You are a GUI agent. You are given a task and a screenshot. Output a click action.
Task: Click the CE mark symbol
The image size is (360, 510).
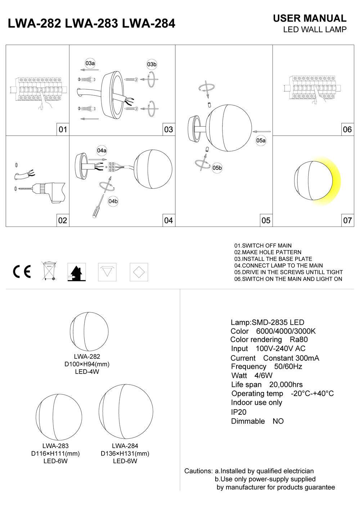(x=22, y=272)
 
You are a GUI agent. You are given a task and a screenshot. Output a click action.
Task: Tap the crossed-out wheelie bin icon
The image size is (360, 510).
(x=49, y=271)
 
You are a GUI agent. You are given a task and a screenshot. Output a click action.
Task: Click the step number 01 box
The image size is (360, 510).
(x=63, y=129)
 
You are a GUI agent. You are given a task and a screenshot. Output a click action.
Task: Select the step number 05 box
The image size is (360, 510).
(x=266, y=220)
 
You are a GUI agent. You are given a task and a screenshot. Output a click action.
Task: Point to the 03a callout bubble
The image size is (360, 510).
(x=90, y=63)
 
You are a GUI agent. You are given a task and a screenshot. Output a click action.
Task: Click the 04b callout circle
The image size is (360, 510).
(x=113, y=201)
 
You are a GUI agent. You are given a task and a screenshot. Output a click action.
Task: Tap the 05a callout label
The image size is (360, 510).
(x=261, y=140)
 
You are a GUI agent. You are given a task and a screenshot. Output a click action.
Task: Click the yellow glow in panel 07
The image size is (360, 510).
(x=333, y=182)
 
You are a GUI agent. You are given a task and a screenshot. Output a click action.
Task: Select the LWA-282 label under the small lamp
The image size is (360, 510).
(x=87, y=357)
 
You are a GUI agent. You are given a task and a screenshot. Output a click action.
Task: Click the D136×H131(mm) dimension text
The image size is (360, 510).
(x=125, y=453)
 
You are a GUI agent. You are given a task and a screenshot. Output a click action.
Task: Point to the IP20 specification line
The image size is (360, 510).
(x=239, y=412)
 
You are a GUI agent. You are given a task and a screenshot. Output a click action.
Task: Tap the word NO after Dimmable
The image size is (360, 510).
(x=278, y=421)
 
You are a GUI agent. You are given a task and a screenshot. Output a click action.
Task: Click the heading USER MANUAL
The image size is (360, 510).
(x=310, y=18)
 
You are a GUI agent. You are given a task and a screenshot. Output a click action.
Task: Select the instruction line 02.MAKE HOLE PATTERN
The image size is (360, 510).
(x=267, y=252)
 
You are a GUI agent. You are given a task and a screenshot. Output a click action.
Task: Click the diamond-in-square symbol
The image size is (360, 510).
(x=139, y=272)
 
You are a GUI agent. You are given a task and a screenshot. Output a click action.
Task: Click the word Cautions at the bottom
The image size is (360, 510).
(x=198, y=471)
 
